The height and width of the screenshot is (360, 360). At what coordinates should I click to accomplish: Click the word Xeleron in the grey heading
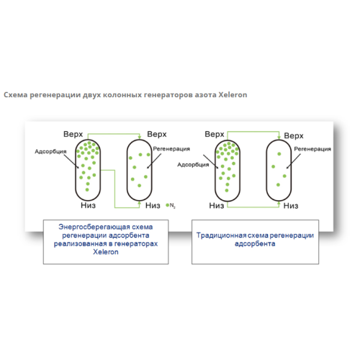[233, 95]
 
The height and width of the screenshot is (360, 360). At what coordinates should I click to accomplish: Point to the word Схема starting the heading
[16, 95]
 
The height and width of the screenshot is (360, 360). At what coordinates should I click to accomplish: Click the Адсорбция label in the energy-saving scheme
[50, 152]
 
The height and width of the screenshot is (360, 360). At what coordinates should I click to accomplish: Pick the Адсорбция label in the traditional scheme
[193, 165]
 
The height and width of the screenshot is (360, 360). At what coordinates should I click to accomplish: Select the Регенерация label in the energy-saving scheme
[171, 149]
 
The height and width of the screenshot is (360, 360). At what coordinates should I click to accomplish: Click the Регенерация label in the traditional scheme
[312, 149]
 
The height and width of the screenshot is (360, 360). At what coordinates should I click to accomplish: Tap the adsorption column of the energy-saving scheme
[88, 170]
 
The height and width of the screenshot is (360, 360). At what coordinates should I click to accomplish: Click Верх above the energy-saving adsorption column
[73, 134]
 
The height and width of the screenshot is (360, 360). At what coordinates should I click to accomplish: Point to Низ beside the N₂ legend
[153, 206]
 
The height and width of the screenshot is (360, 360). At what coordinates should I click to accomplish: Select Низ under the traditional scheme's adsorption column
[217, 206]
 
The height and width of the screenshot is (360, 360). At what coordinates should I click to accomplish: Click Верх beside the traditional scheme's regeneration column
[294, 136]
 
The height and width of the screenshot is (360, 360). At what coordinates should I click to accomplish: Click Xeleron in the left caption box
[106, 252]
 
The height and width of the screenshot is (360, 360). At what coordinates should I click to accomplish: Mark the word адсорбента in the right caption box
[255, 244]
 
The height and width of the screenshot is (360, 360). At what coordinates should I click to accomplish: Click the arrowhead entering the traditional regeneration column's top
[279, 138]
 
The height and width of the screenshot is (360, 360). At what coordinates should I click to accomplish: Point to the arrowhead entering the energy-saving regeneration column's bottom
[140, 203]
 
